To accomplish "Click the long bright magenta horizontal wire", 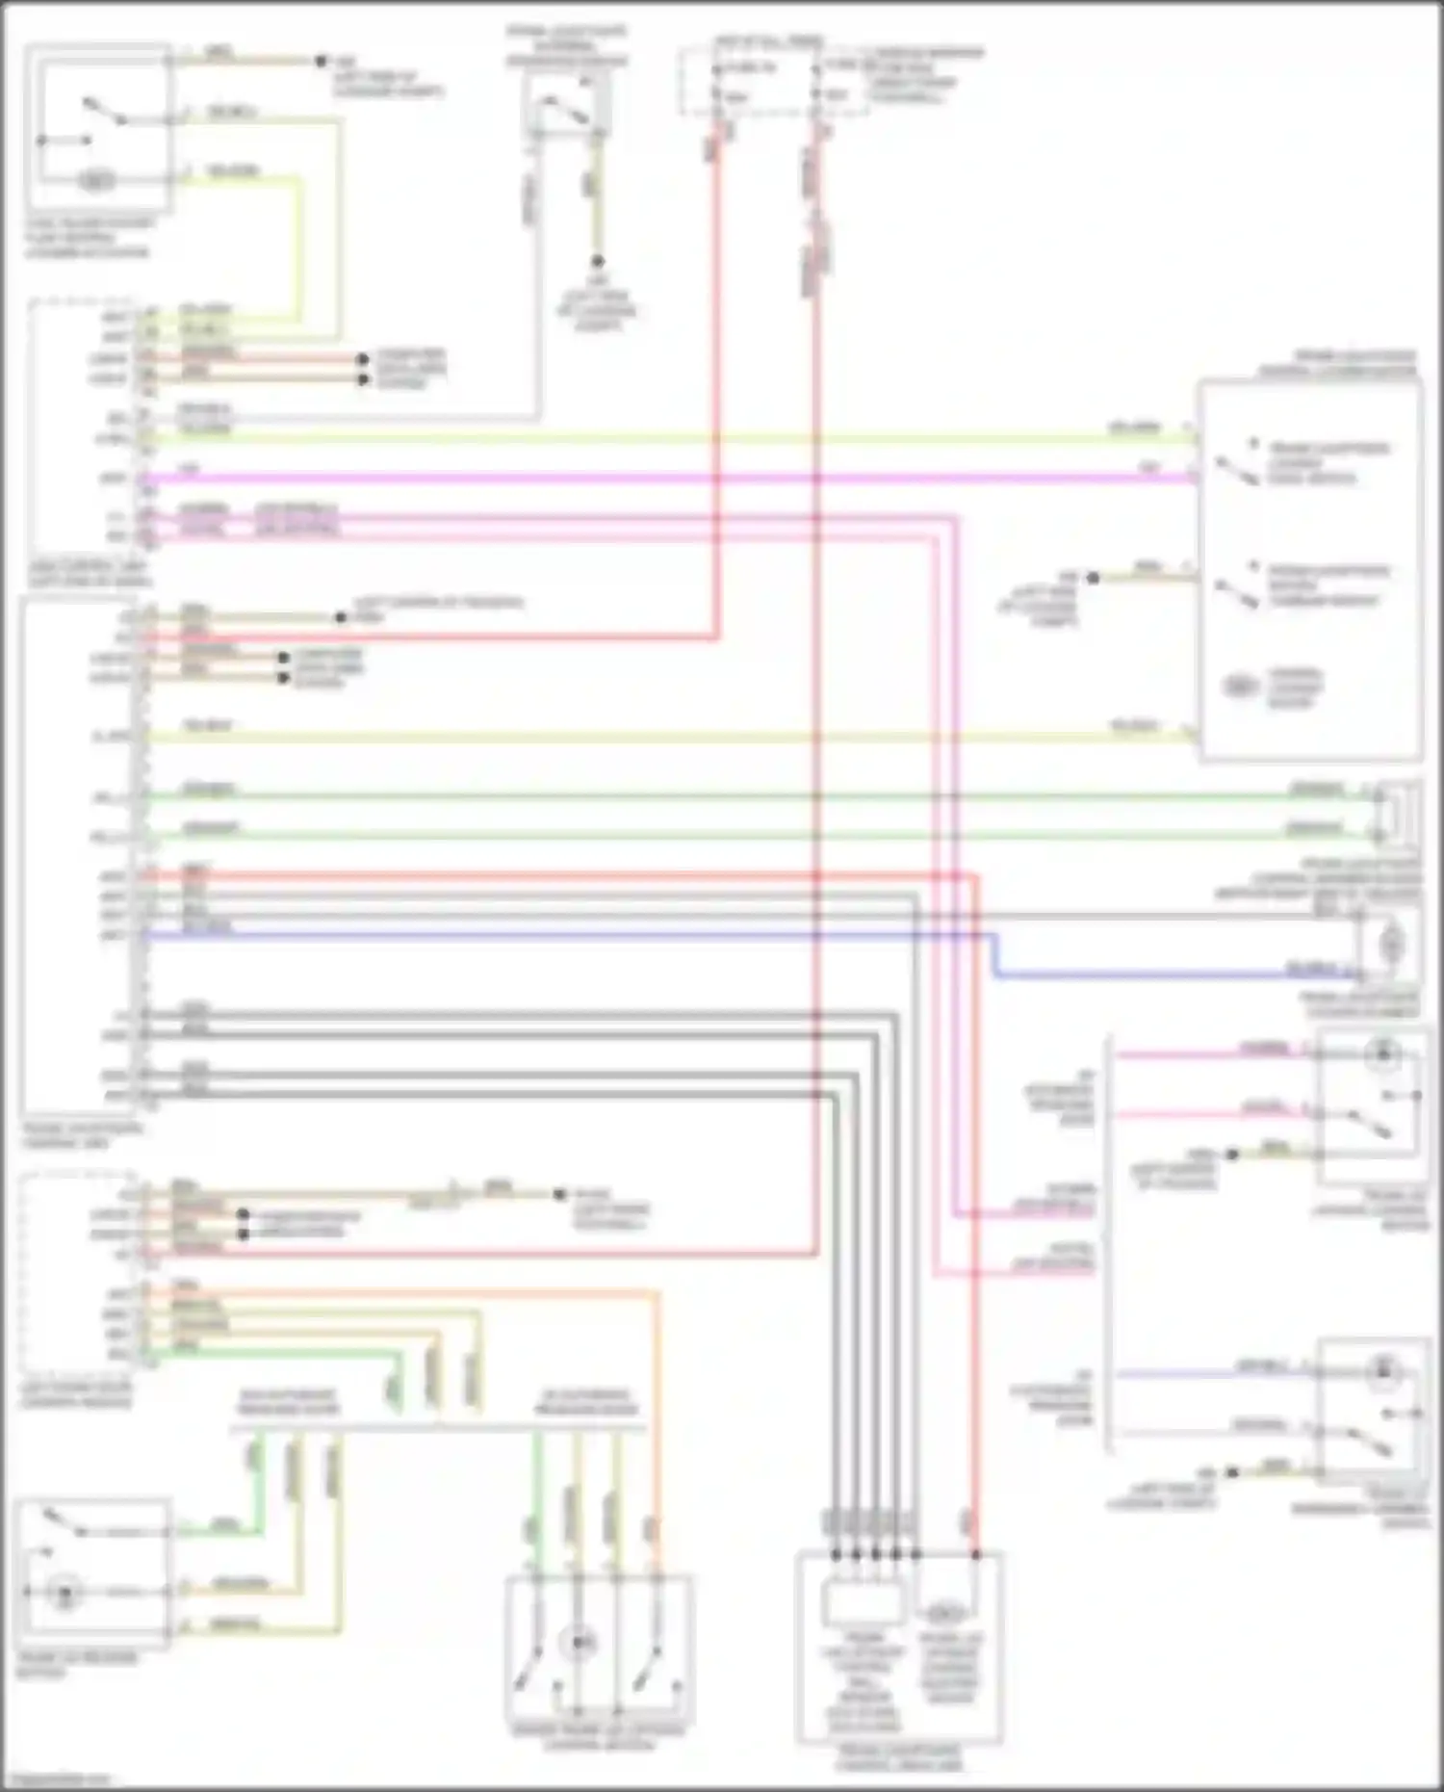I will (674, 478).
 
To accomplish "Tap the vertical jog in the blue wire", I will (994, 955).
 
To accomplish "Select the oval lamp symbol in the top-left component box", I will (96, 180).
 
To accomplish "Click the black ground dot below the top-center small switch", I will (597, 261).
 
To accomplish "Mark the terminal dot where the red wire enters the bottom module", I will (975, 1554).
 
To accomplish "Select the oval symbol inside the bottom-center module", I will (944, 1612).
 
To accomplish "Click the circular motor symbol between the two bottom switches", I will (579, 1642).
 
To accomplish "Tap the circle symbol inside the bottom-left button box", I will (65, 1594).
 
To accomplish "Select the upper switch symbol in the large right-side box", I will (1237, 469).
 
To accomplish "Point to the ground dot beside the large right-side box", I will (1093, 578).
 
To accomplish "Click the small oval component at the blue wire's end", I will (1390, 944).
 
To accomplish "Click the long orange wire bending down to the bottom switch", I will (658, 1396).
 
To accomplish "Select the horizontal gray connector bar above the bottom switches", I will (438, 1428).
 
